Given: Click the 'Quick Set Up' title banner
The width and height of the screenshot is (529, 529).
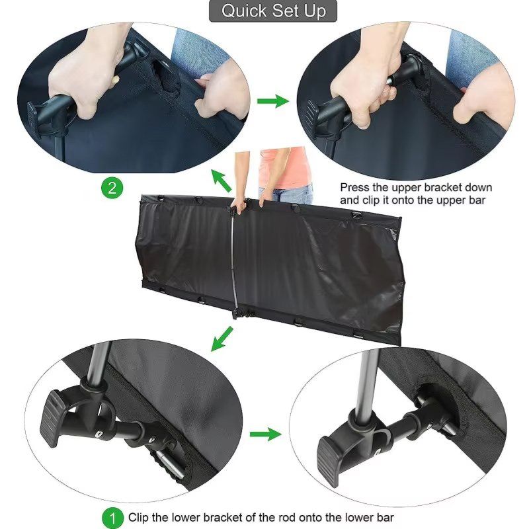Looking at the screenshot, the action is tap(273, 11).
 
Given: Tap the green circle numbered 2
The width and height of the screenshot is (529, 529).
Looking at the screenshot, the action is tap(112, 188).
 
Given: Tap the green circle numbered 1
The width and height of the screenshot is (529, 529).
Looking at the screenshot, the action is tap(112, 518).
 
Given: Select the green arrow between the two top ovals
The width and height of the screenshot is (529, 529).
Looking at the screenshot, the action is tap(273, 101).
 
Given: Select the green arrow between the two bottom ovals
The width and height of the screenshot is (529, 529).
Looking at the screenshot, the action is tap(266, 434).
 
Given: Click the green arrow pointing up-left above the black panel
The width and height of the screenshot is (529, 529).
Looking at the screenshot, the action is tap(221, 181).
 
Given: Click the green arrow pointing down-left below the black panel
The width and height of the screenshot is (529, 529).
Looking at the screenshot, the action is tap(222, 339).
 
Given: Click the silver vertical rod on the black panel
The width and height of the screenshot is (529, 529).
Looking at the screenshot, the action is tap(234, 260).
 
